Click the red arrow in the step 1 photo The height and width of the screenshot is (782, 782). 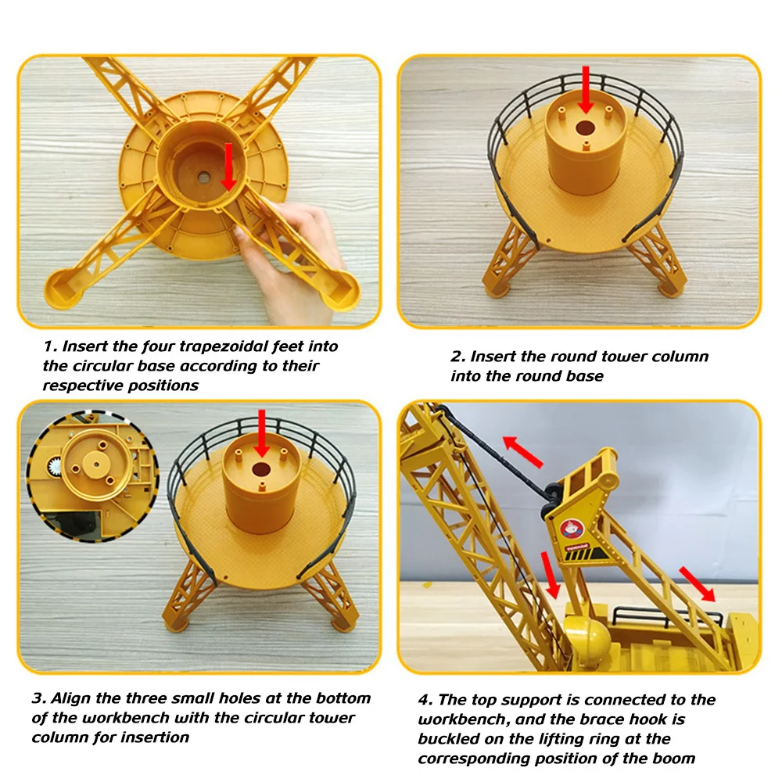tap(228, 167)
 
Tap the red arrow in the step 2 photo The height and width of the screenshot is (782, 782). tap(586, 90)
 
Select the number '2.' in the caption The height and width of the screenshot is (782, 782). tap(457, 356)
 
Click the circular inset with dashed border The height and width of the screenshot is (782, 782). tap(93, 476)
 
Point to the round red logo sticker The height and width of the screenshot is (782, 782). tap(569, 528)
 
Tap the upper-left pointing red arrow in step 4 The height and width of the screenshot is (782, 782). tap(522, 451)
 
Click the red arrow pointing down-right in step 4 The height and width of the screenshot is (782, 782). tap(698, 584)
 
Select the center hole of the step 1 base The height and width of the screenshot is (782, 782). tap(203, 177)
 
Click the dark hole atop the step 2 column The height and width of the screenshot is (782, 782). tap(585, 127)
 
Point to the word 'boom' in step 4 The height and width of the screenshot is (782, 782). tap(673, 758)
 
